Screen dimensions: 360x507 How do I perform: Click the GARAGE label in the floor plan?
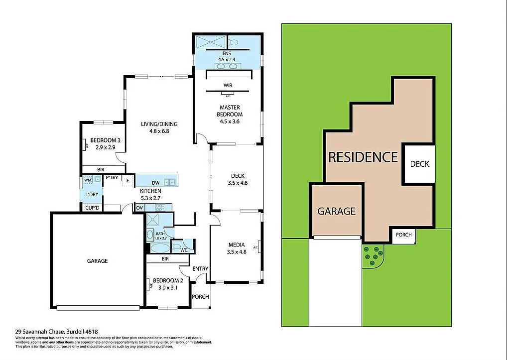(97, 261)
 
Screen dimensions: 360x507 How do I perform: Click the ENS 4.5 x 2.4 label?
(226, 56)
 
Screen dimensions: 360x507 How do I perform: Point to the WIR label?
(228, 86)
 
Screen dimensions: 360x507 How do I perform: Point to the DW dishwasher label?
(155, 183)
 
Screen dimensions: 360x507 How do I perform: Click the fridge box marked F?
(128, 181)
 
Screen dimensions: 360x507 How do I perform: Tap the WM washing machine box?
(87, 179)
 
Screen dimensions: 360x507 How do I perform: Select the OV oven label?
(140, 208)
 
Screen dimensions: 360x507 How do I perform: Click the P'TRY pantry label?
(112, 178)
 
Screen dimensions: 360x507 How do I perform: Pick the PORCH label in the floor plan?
(201, 297)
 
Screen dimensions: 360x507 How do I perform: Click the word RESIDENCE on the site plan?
(363, 157)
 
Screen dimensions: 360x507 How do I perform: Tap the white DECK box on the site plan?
(419, 164)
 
